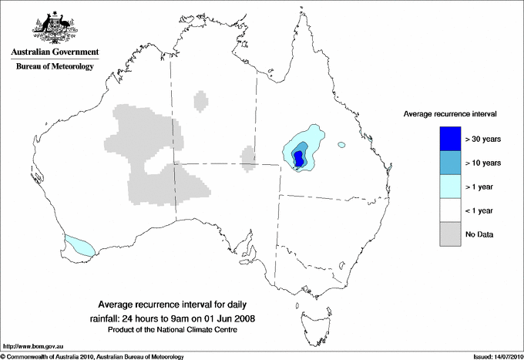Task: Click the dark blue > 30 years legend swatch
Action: (451, 139)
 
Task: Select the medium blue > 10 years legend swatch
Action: (451, 163)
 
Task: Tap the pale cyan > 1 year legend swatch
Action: (451, 187)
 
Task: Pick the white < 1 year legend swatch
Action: (451, 210)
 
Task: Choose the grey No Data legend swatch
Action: (451, 234)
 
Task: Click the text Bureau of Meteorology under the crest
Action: (55, 67)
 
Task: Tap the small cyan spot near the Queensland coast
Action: (342, 144)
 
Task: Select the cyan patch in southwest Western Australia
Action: (79, 245)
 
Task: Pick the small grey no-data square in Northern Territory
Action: (201, 101)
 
